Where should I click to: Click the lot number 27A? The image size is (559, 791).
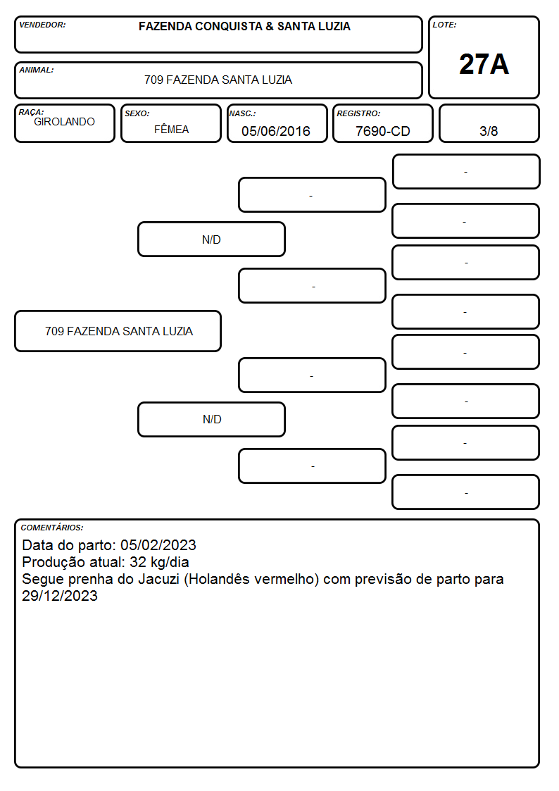[484, 64]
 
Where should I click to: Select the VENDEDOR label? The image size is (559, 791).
[42, 25]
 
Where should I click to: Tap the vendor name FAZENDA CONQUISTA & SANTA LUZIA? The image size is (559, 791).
[244, 26]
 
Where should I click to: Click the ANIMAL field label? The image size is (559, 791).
[37, 70]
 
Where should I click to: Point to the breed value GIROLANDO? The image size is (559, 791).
[65, 122]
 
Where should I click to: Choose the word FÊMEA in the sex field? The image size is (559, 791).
[171, 129]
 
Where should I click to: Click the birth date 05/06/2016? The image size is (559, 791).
[276, 131]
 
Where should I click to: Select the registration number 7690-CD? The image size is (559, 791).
[382, 131]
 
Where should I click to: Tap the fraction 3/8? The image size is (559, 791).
[489, 131]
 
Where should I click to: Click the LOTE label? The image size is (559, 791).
[444, 25]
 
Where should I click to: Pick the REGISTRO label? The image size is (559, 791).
[358, 113]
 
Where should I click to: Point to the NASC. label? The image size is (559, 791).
[242, 113]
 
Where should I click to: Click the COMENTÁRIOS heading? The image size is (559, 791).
[52, 528]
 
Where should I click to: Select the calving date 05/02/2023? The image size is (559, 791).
[158, 544]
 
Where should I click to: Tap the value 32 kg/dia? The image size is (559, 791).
[159, 562]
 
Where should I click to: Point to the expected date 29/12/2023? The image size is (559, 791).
[59, 596]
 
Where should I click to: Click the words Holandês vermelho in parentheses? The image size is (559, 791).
[251, 579]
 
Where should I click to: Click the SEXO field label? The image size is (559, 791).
[137, 113]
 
